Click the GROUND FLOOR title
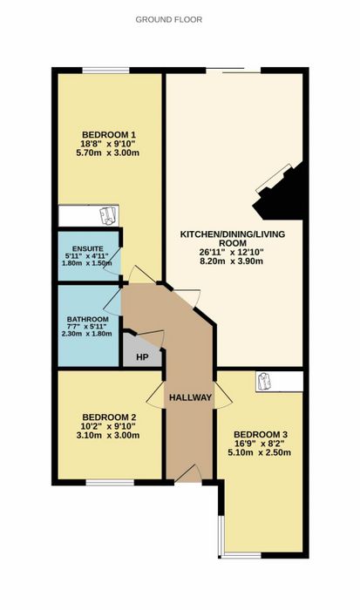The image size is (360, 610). tap(169, 19)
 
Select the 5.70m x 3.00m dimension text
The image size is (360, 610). tap(108, 152)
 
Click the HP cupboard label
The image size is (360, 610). tap(142, 356)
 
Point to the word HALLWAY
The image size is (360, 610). tap(190, 397)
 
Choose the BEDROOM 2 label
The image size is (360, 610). tap(109, 417)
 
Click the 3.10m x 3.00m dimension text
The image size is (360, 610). tap(109, 435)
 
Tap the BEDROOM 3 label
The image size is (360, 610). tap(261, 435)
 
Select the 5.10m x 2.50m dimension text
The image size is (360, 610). tap(260, 452)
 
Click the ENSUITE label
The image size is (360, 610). tap(87, 248)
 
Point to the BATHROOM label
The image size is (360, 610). tap(87, 320)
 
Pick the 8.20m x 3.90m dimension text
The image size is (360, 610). tap(231, 261)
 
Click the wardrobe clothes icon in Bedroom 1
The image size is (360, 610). tap(108, 216)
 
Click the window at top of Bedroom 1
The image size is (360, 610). tap(105, 71)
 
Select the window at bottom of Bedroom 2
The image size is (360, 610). tap(110, 483)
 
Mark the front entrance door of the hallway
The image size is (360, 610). tap(188, 474)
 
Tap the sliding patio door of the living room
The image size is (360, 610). tap(233, 71)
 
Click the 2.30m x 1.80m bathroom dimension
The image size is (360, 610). tap(87, 334)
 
